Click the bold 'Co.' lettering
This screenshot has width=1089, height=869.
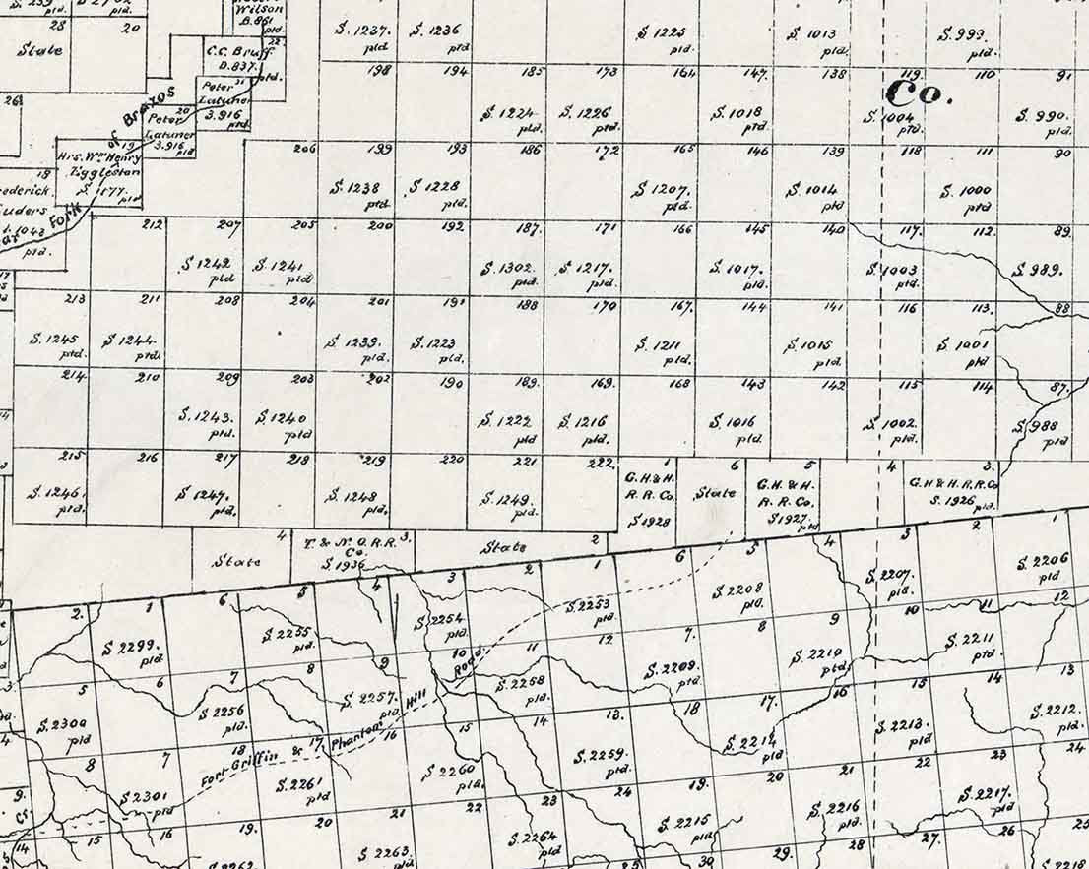tap(919, 93)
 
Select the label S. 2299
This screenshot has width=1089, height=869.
tap(130, 648)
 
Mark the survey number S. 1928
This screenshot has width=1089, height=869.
tap(651, 520)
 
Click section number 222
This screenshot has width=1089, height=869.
tap(600, 463)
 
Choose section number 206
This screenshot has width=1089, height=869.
tap(304, 149)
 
